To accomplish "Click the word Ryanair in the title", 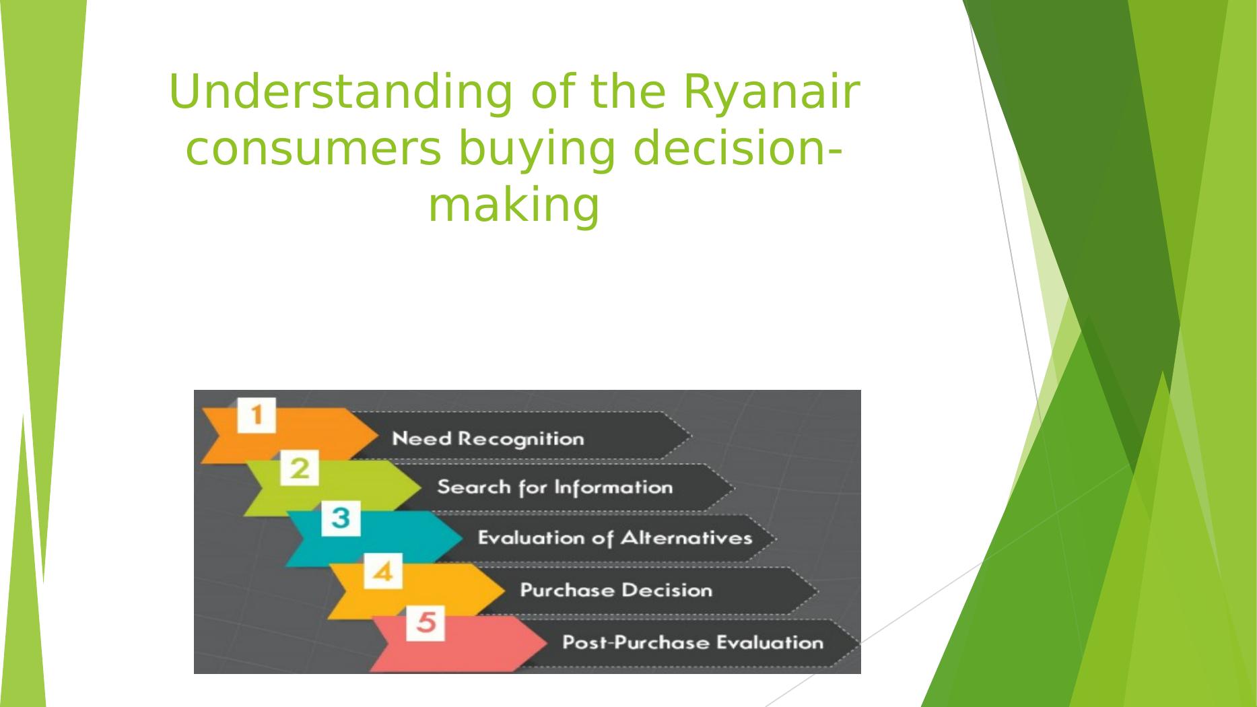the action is tap(772, 94).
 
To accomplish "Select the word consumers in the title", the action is tap(314, 149).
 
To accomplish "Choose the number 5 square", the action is tap(426, 623).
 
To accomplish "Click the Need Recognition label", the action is tap(488, 439).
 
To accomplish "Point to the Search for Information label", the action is tap(555, 487).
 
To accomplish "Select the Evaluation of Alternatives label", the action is tap(615, 538).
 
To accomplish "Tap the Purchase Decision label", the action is tap(616, 591).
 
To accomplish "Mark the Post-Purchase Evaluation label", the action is tap(693, 642).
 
